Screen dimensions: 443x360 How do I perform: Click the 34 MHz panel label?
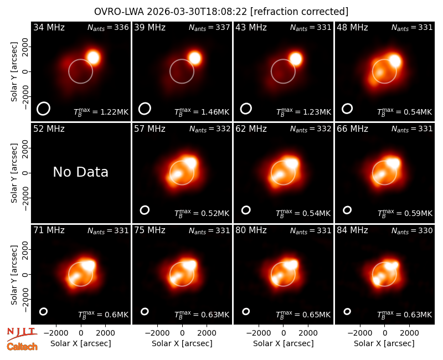click(x=49, y=27)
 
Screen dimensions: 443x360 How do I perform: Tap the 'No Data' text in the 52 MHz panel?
click(x=80, y=172)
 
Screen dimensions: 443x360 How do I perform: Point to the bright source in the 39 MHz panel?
click(x=195, y=58)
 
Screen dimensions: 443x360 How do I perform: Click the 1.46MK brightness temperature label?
click(x=202, y=112)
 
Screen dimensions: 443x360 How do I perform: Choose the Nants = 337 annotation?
click(x=209, y=27)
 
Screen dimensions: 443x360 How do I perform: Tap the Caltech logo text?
click(x=22, y=347)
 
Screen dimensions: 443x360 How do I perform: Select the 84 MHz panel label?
click(x=352, y=230)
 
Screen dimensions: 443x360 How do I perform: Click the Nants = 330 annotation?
click(x=412, y=230)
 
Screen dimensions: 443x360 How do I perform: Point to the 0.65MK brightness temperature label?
click(x=303, y=315)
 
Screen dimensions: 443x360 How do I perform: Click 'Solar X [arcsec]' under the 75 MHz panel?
click(x=182, y=343)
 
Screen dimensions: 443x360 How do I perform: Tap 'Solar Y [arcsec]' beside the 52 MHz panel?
click(x=14, y=173)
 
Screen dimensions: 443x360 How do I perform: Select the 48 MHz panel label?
click(x=352, y=27)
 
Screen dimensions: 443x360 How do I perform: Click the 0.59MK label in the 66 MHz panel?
click(x=405, y=213)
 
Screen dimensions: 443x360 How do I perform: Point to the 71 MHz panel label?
click(x=49, y=230)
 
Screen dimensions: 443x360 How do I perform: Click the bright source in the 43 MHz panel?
click(x=296, y=59)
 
